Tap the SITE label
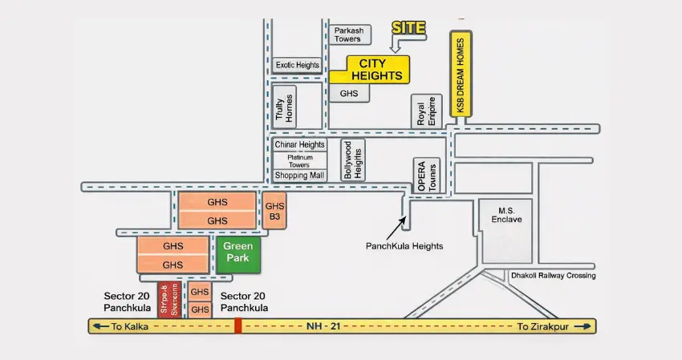(x=408, y=28)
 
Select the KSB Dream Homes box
(x=461, y=74)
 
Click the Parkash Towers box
(x=349, y=34)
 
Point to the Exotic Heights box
(x=297, y=65)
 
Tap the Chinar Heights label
(x=300, y=144)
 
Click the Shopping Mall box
(x=299, y=175)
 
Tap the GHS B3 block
(x=274, y=211)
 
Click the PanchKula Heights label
(x=404, y=246)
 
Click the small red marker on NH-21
(x=237, y=326)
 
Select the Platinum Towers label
(x=299, y=160)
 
